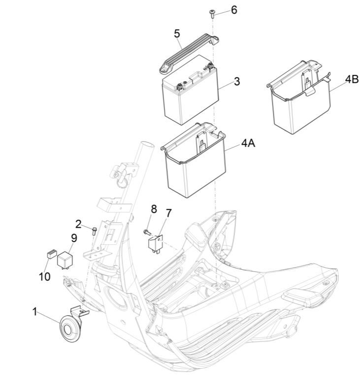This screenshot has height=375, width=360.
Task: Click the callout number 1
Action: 35,312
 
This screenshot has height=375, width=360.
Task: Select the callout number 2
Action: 78,224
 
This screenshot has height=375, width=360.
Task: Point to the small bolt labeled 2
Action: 94,231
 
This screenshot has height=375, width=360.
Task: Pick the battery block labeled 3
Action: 190,90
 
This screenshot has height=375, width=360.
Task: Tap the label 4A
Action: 248,143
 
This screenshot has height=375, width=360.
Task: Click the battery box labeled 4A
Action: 194,160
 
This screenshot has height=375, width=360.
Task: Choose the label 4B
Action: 352,79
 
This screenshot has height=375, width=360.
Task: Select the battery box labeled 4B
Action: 299,97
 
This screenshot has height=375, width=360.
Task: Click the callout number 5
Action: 177,34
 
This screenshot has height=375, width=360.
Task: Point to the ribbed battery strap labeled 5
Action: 189,53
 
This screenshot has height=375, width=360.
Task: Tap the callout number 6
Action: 234,10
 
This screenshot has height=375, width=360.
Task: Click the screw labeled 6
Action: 212,14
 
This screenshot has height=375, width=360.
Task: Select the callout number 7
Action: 169,213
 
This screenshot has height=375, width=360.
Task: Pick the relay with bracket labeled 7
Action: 156,244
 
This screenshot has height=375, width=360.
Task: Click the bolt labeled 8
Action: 147,232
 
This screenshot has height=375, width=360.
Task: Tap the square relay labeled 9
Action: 65,260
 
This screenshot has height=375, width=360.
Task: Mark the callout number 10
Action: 45,277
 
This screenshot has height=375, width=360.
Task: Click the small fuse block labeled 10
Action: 52,254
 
